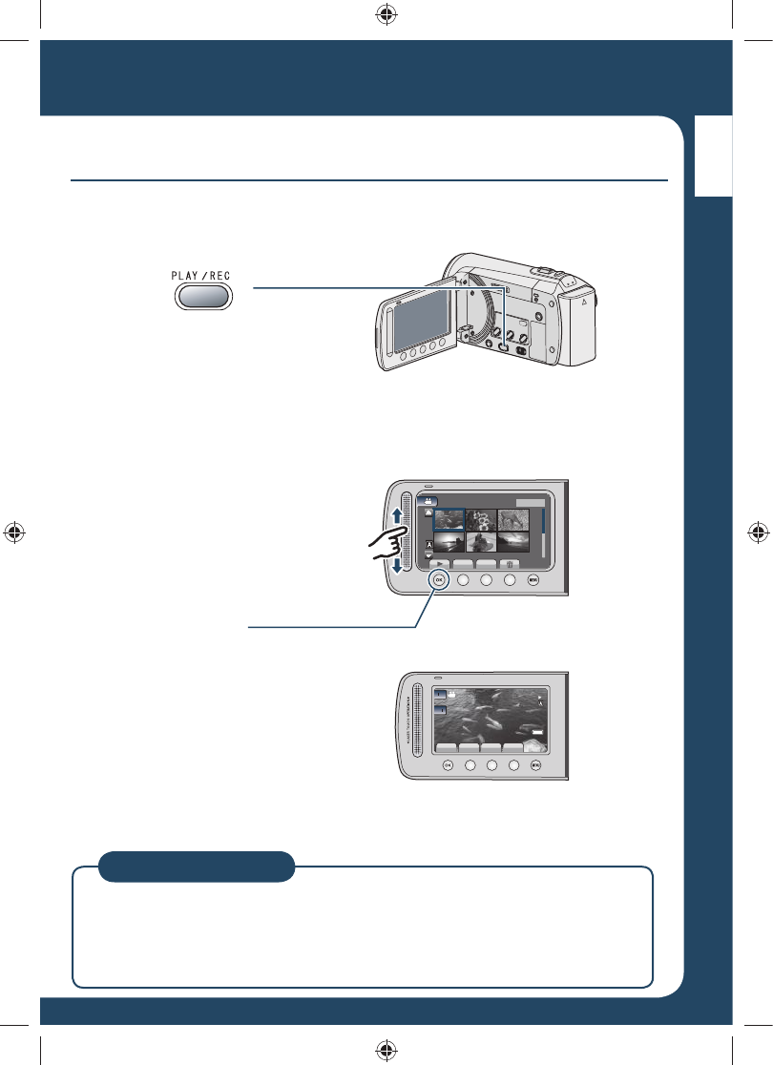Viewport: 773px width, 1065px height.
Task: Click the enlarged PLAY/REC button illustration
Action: [x=203, y=296]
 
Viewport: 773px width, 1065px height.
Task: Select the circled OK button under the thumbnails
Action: [x=438, y=579]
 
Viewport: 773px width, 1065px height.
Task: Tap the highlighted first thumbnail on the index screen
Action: [x=449, y=519]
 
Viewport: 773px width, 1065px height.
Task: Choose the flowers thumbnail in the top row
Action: [x=481, y=519]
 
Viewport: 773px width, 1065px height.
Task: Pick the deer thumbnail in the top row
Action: [x=513, y=519]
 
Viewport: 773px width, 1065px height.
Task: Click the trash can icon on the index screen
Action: [x=512, y=563]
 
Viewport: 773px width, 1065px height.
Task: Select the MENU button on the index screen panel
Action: [x=534, y=579]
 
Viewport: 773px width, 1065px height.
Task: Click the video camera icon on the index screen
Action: [x=428, y=501]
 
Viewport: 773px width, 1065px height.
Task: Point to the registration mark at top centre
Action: [x=386, y=15]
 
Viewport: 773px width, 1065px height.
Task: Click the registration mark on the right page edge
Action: [x=756, y=532]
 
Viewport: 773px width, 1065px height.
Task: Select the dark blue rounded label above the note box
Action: [x=197, y=866]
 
